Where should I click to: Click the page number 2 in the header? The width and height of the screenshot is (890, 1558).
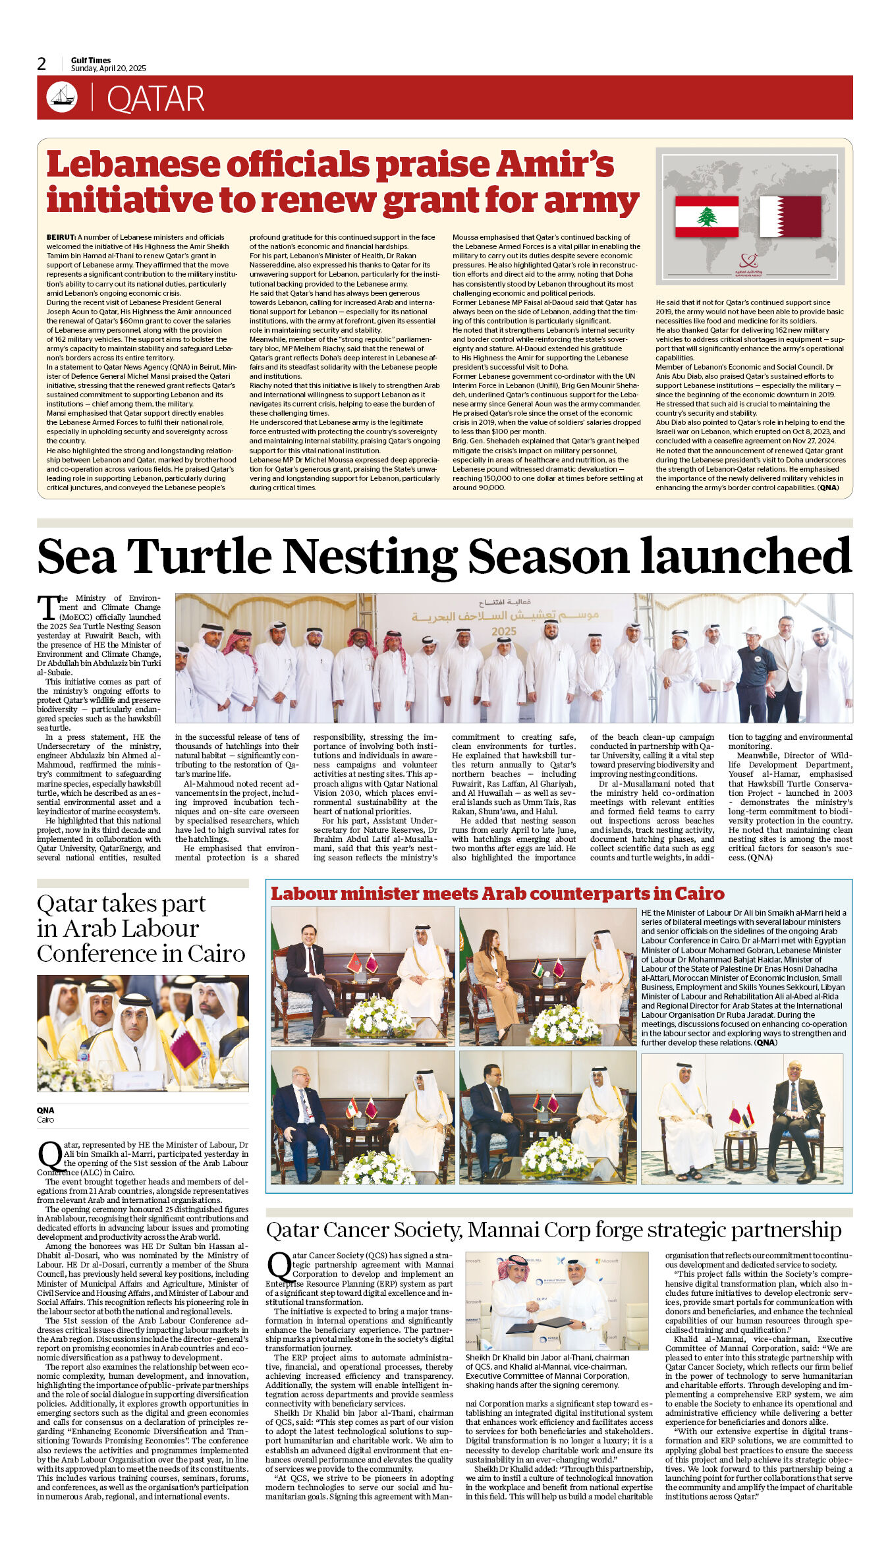pos(42,64)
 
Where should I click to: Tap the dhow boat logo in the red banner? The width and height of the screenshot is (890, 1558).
pos(62,97)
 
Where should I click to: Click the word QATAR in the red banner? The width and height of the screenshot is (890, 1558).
pos(155,99)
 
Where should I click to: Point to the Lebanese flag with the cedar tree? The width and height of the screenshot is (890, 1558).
pos(706,216)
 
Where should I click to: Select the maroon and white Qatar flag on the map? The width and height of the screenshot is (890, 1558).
pos(790,216)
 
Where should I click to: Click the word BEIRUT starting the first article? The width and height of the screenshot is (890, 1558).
pos(61,237)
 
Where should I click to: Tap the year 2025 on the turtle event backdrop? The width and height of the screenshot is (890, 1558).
pos(504,631)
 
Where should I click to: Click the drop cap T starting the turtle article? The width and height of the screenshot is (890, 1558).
pos(47,607)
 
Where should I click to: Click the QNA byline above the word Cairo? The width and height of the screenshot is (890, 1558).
pos(45,1110)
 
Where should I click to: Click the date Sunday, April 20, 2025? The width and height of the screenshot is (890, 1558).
pos(109,69)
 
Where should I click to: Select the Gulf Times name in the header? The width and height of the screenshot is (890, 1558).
pos(91,60)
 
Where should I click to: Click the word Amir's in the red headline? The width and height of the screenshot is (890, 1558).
pos(556,165)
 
